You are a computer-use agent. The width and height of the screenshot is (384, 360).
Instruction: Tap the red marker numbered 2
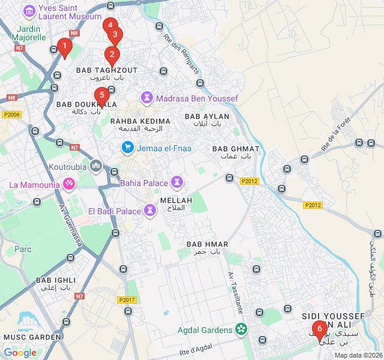[111, 56]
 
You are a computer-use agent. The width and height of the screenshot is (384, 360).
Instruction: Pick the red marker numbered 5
[101, 95]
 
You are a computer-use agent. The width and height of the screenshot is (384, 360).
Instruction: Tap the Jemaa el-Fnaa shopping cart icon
[127, 146]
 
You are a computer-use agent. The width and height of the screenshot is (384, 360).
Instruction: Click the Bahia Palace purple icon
[177, 181]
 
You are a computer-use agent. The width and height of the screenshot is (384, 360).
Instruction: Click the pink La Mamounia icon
[69, 184]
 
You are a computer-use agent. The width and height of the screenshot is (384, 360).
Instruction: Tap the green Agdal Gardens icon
[241, 329]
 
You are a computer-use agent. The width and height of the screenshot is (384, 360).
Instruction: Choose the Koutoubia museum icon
[96, 165]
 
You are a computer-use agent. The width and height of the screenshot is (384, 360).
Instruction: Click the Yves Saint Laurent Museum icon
[28, 11]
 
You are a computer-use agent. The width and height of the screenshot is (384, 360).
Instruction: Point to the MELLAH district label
[176, 200]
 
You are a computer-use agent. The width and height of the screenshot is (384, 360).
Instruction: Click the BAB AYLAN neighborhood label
[207, 116]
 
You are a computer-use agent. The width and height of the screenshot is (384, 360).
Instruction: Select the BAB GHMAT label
[236, 149]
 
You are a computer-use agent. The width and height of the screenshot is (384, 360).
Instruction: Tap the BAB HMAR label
[207, 244]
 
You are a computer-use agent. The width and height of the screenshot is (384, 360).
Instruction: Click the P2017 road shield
[127, 299]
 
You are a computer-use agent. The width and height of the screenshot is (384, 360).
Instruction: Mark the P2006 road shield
[11, 115]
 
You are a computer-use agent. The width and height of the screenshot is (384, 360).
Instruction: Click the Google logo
[20, 353]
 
